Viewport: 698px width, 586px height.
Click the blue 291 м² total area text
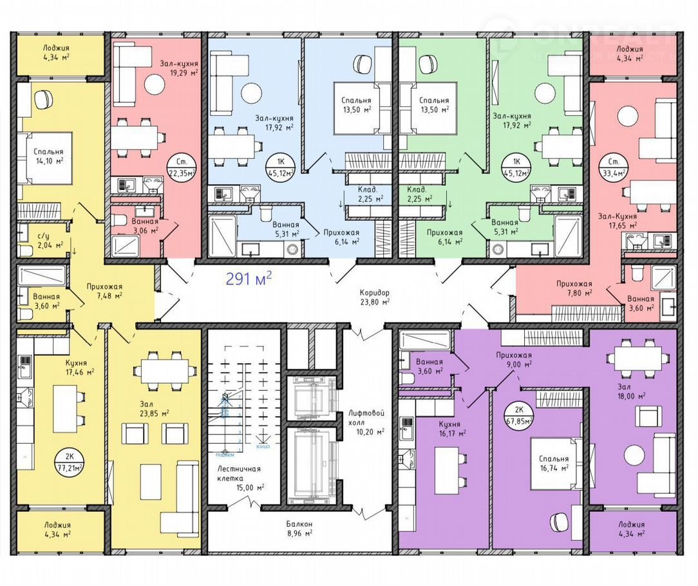tap(249, 278)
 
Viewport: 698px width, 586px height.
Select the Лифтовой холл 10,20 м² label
tap(365, 426)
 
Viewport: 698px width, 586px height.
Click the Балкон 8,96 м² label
tap(299, 528)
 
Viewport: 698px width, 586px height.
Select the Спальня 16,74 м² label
tap(554, 463)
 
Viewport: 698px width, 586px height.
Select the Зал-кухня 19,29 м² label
tap(180, 68)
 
